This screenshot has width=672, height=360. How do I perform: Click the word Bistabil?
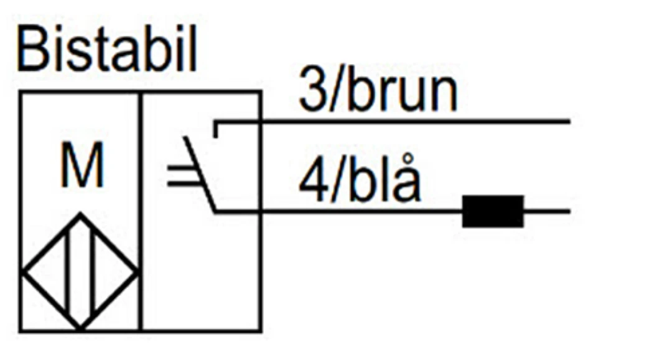[107, 49]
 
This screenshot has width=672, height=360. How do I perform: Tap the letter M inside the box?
[82, 165]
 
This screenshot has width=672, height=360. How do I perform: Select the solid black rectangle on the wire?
[493, 211]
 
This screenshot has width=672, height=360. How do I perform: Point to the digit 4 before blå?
[313, 182]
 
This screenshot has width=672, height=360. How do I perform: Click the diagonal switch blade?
[199, 174]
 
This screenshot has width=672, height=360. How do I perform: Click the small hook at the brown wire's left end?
[215, 129]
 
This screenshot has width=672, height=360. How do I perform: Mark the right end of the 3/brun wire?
[569, 122]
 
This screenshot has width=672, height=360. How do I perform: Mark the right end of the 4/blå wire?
[569, 211]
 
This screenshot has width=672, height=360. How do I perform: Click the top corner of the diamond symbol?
[80, 214]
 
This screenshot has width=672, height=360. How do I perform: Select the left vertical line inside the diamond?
[67, 271]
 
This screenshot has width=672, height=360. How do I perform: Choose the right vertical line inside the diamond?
[93, 271]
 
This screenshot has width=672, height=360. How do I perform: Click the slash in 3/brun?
[336, 91]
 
